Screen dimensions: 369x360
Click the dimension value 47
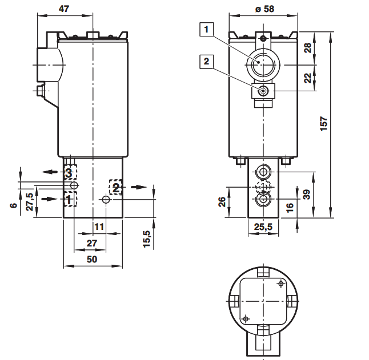[x=64, y=9]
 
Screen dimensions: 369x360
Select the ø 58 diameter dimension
[x=264, y=9]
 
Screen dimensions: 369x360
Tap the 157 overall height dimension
[x=324, y=124]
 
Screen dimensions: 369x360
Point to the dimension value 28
[x=307, y=48]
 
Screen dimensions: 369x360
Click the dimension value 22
[x=307, y=78]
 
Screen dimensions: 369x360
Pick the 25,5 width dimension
[x=263, y=226]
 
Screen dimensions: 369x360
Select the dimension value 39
[x=307, y=195]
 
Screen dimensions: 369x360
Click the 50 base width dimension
[x=92, y=259]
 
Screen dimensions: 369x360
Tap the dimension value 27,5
[x=30, y=201]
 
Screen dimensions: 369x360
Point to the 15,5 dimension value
[x=146, y=239]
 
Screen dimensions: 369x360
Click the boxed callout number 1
[x=207, y=29]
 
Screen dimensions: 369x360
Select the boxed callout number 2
[x=207, y=62]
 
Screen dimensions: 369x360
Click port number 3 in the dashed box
[x=69, y=173]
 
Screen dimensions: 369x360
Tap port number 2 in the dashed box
[x=116, y=188]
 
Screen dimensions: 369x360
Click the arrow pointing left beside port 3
[x=50, y=172]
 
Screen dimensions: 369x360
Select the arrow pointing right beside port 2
[x=139, y=187]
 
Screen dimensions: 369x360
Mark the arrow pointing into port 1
[x=50, y=199]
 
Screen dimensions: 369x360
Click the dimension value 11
[x=99, y=226]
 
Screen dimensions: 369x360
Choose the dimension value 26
[x=222, y=202]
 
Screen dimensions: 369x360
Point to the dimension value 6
[x=14, y=205]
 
